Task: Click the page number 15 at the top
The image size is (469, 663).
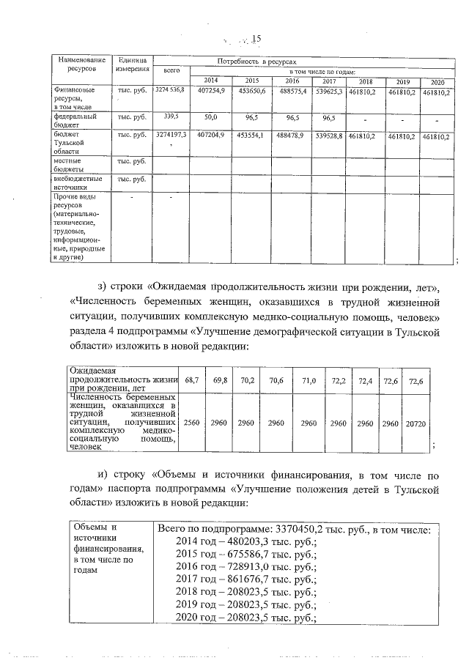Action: pos(256,40)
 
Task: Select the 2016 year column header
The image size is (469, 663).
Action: pos(291,81)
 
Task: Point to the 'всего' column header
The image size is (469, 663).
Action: pos(171,71)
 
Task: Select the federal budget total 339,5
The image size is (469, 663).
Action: pos(171,116)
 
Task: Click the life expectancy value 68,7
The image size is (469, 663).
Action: pos(192,381)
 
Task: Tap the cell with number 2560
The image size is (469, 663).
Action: pos(192,423)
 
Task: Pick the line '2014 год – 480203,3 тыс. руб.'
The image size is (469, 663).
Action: pos(246,542)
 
